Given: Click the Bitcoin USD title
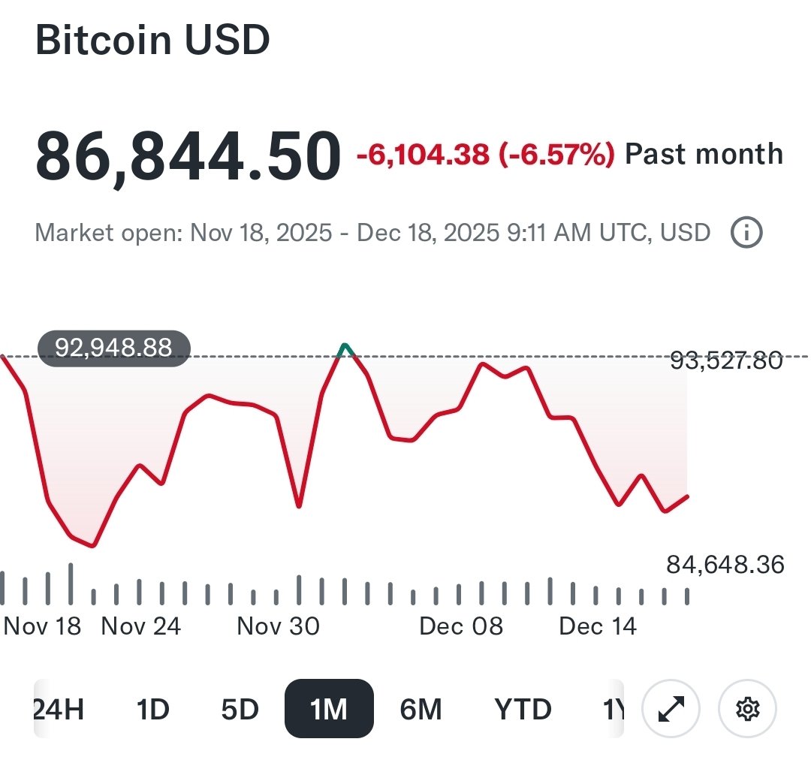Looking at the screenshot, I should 152,41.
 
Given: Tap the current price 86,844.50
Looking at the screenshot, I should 187,156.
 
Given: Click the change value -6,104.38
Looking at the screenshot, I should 422,155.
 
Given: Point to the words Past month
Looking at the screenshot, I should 704,155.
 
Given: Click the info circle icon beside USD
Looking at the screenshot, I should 746,234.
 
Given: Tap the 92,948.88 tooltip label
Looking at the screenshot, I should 114,348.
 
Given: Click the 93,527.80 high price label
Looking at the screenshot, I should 725,361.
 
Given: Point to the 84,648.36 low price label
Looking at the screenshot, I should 725,564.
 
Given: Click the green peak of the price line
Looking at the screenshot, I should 345,347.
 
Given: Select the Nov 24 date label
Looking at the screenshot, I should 140,626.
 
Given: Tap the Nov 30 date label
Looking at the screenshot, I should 278,626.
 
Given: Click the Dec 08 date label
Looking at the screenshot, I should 461,626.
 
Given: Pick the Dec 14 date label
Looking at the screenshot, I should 598,626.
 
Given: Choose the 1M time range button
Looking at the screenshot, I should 329,709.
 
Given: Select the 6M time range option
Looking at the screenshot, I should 421,709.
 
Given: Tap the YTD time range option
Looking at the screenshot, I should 523,709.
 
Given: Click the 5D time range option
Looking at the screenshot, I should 240,709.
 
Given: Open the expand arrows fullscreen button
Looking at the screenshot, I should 671,709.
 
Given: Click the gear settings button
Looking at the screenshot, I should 747,709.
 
